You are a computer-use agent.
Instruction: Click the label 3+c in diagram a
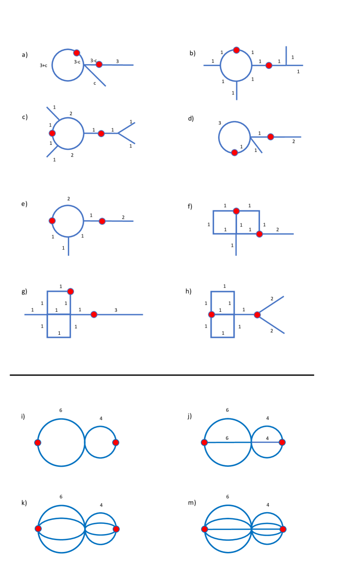[x=43, y=66]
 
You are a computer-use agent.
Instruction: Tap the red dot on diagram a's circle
[x=76, y=52]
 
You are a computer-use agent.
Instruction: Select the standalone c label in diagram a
[x=94, y=83]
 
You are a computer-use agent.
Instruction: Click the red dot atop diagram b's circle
[x=236, y=50]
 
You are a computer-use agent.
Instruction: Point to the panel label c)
[x=24, y=117]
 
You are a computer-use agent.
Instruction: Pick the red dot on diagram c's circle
[x=52, y=133]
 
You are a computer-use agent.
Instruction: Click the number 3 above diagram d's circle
[x=219, y=123]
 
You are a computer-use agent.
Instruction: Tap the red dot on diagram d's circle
[x=235, y=152]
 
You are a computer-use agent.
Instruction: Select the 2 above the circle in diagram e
[x=69, y=199]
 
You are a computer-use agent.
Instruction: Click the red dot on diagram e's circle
[x=52, y=221]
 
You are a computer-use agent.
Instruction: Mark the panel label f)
[x=191, y=206]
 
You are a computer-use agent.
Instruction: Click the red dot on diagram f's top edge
[x=236, y=211]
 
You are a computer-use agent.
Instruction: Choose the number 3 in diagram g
[x=116, y=310]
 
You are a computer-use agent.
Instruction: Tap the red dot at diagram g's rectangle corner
[x=70, y=291]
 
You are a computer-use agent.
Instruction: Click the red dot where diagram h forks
[x=257, y=315]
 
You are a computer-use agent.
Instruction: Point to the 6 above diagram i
[x=61, y=410]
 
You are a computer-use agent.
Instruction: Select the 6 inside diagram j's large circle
[x=227, y=438]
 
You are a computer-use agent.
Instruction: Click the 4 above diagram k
[x=101, y=505]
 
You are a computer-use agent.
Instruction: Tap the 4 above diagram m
[x=268, y=505]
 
